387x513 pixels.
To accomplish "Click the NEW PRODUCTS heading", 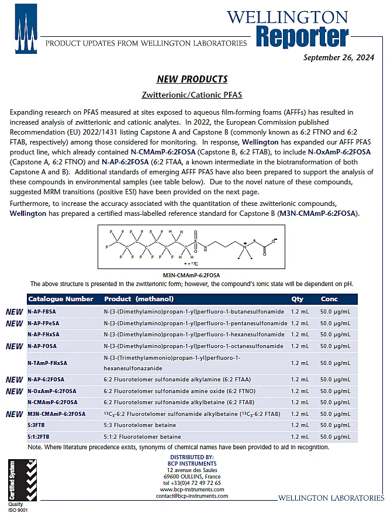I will [x=192, y=79].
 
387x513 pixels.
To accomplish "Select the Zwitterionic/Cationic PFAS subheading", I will [x=192, y=94].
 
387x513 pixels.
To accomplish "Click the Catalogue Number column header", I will [x=61, y=299].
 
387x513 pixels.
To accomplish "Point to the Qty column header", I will [x=297, y=299].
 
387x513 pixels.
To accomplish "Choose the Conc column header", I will [x=329, y=299].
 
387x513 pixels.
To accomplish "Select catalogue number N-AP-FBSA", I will [x=43, y=312].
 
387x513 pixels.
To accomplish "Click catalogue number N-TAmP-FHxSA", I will [x=47, y=363].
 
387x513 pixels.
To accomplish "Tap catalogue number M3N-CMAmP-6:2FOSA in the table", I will [x=56, y=414].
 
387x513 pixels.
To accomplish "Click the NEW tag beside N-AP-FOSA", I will [x=14, y=346].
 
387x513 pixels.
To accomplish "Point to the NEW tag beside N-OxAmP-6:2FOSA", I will [x=14, y=391].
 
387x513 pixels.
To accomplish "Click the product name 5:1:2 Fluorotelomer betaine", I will [x=143, y=436].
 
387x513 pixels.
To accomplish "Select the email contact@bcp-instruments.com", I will [x=192, y=496].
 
